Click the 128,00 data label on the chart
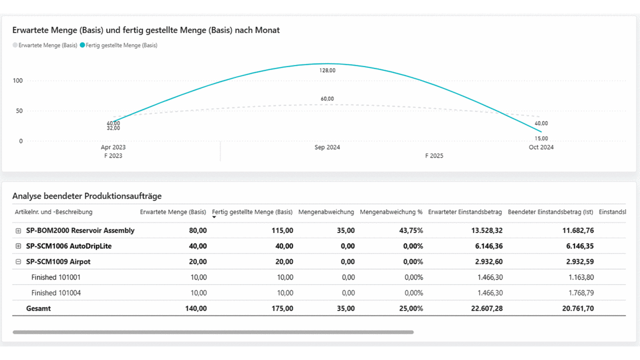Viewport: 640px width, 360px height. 327,70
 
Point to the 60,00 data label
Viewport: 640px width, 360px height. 327,99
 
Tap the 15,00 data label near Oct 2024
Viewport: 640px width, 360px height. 541,138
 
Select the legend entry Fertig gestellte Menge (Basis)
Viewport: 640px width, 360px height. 121,45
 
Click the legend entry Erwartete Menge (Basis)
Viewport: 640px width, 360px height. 48,45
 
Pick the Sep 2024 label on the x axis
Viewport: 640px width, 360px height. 327,147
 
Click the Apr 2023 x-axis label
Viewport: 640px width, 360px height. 113,147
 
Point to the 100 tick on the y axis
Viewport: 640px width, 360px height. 18,80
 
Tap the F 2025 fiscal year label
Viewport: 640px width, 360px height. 434,156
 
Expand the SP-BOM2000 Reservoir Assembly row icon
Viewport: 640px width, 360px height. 19,231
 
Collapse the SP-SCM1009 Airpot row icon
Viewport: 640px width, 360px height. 19,262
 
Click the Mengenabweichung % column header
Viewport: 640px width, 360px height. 391,212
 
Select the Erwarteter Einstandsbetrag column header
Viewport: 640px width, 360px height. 465,212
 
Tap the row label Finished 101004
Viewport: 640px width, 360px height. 56,293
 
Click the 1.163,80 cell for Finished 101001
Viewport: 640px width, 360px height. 581,277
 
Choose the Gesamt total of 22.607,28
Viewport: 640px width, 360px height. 486,308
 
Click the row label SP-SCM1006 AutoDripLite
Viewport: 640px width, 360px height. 69,246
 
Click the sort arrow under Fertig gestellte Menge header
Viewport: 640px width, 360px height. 214,217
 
